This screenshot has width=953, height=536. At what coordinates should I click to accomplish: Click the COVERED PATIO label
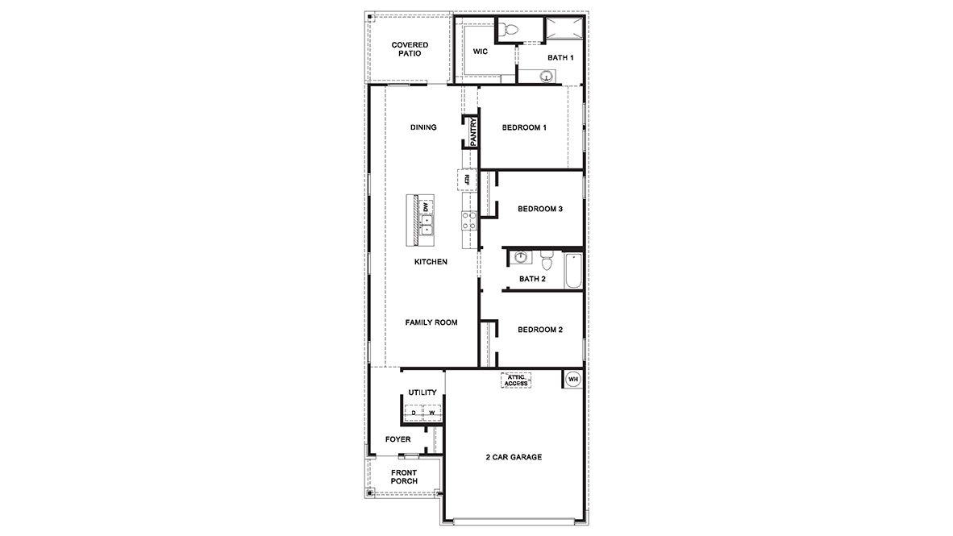(410, 49)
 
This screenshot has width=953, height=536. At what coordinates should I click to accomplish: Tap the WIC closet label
(481, 51)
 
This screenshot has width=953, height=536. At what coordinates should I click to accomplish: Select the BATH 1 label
(560, 58)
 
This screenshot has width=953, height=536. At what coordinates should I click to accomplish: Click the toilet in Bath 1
(508, 31)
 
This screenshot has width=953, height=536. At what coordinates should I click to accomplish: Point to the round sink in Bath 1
(547, 77)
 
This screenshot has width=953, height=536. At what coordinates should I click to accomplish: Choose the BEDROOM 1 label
(524, 127)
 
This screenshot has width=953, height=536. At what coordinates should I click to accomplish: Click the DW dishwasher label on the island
(425, 207)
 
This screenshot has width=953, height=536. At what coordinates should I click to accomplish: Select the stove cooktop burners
(468, 220)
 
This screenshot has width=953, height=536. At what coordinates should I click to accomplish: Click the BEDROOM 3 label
(539, 209)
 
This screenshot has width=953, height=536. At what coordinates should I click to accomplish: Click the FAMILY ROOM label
(431, 322)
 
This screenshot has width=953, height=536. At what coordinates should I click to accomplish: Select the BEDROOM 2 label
(539, 330)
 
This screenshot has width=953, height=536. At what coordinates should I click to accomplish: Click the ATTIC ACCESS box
(516, 380)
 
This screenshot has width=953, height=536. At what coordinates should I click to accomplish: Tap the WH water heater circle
(573, 379)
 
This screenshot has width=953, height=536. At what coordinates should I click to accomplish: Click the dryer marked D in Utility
(414, 413)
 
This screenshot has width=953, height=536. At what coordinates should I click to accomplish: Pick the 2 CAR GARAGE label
(514, 457)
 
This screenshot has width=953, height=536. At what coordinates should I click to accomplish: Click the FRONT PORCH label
(404, 477)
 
